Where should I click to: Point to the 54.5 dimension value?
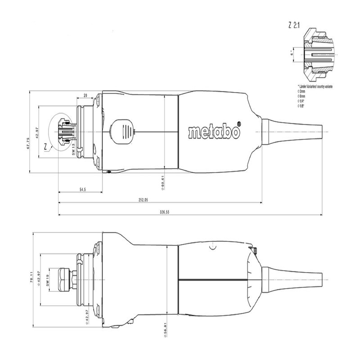[x=82, y=190]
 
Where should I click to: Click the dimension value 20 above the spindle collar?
[x=85, y=95]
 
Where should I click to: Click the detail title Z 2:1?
[x=295, y=26]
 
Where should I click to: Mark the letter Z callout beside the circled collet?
[x=46, y=146]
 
